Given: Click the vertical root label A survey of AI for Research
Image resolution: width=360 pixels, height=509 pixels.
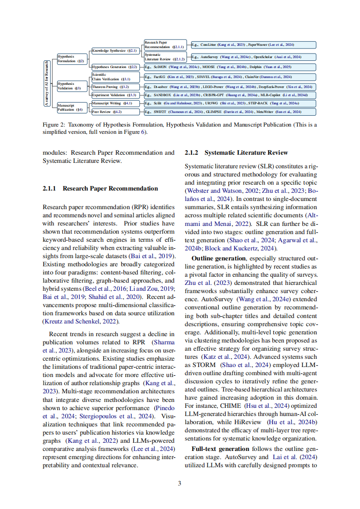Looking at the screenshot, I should pyautogui.click(x=46, y=83).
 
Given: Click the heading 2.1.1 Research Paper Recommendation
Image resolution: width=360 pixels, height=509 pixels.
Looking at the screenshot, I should pyautogui.click(x=100, y=188).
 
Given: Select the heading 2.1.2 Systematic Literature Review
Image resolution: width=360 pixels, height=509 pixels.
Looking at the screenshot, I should pyautogui.click(x=236, y=152).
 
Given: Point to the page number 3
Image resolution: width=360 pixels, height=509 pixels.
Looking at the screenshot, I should pyautogui.click(x=179, y=483).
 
